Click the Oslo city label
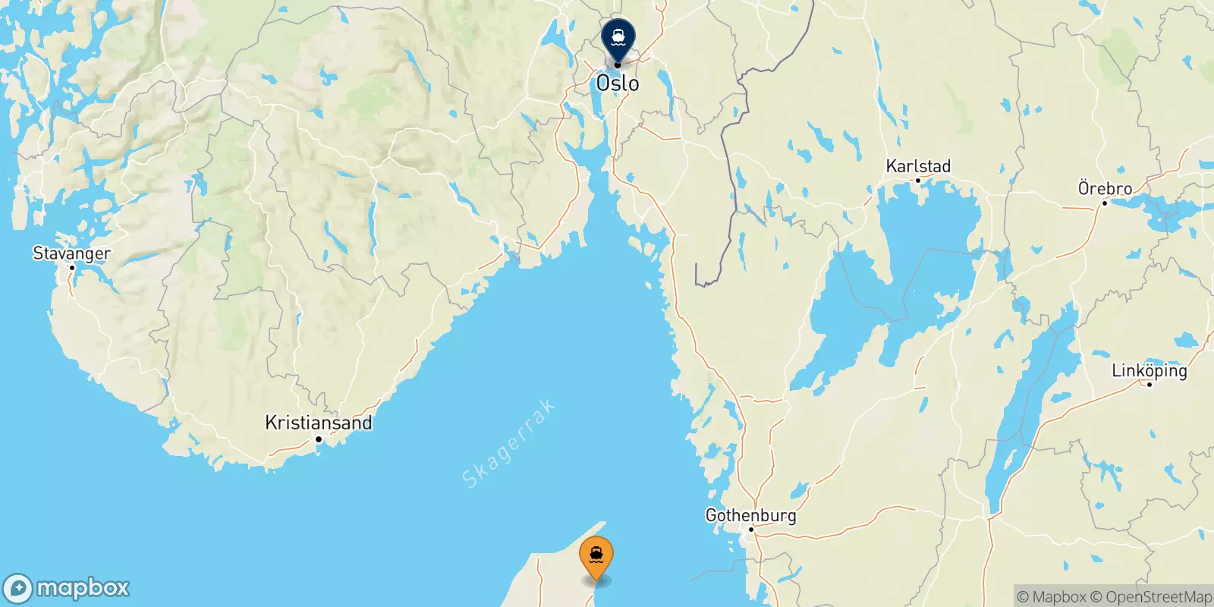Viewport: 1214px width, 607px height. coord(618,83)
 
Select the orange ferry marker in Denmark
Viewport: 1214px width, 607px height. coord(596,556)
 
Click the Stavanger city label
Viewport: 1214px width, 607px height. coord(71,253)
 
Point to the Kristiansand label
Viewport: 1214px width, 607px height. coord(319,423)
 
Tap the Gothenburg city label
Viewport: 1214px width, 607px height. coord(750,515)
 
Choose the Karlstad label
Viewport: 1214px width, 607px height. coord(918,166)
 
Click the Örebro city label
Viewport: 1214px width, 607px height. coord(1105,188)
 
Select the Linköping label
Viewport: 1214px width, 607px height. coord(1149,370)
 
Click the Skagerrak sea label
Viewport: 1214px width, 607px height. coord(508,443)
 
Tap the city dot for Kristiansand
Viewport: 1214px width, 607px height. coord(319,439)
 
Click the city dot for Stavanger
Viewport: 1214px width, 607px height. coord(72,268)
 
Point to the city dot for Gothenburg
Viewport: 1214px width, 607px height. coord(751,530)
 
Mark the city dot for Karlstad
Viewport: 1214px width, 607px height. coord(918,181)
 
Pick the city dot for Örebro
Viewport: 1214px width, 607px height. coord(1105,203)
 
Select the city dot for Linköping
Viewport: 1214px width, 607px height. coord(1150,385)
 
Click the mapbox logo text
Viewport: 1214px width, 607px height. coord(83,588)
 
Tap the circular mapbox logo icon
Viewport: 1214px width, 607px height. coord(18,589)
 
